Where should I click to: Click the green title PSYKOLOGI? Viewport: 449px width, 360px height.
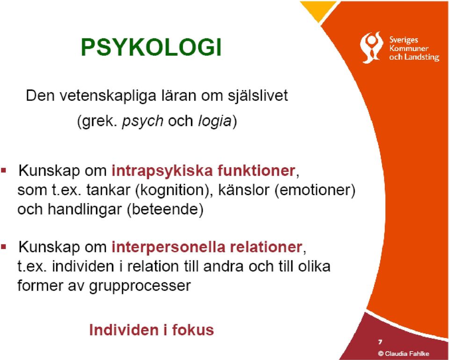pyautogui.click(x=152, y=47)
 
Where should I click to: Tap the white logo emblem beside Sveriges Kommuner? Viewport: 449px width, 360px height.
pyautogui.click(x=371, y=47)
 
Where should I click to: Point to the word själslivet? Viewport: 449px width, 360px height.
pyautogui.click(x=258, y=96)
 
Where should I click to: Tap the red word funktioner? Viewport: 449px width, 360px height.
pyautogui.click(x=256, y=170)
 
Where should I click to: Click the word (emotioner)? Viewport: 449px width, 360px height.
pyautogui.click(x=315, y=190)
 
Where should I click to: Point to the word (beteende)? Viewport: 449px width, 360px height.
pyautogui.click(x=165, y=210)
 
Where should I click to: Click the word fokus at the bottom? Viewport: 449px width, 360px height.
pyautogui.click(x=193, y=330)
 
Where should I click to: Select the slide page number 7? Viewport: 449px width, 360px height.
pyautogui.click(x=380, y=342)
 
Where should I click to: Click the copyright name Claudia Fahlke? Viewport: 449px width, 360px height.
pyautogui.click(x=407, y=354)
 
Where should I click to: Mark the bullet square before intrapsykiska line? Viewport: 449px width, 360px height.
pyautogui.click(x=4, y=171)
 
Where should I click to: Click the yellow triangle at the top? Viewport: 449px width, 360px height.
pyautogui.click(x=319, y=10)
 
